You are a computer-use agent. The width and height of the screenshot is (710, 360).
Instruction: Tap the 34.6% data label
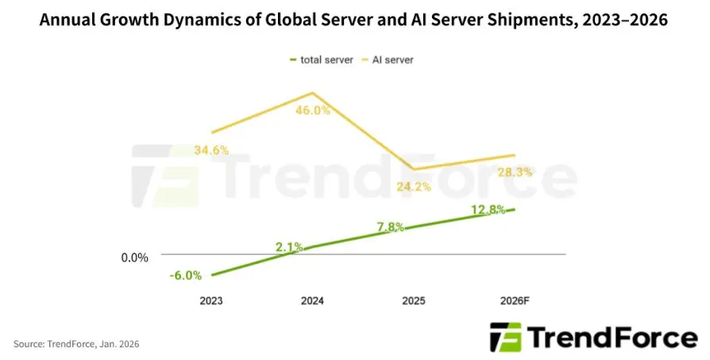[211, 149]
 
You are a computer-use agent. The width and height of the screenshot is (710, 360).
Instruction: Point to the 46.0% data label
[312, 111]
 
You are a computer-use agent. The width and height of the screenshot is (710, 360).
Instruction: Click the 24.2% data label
[413, 188]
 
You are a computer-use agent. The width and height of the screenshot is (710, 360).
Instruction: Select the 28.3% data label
[515, 172]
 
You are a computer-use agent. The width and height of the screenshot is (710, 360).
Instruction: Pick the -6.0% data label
[186, 276]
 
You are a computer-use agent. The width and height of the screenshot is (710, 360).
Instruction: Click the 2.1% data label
[289, 247]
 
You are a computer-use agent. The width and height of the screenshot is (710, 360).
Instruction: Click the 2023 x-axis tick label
[211, 301]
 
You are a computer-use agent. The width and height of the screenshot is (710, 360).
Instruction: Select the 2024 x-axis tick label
[312, 301]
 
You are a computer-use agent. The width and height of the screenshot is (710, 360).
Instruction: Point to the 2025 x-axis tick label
[413, 301]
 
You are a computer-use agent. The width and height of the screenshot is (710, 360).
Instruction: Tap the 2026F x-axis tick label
[515, 301]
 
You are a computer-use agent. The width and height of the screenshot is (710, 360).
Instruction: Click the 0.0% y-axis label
[135, 257]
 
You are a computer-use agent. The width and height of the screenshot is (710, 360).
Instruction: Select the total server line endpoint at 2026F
[515, 209]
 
